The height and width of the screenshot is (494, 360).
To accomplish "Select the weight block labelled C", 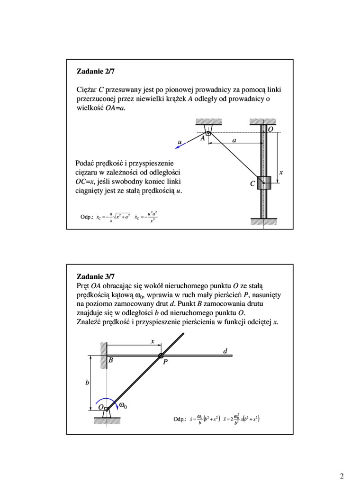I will coord(264,183).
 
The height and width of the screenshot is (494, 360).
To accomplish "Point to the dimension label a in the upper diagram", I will coord(234,141).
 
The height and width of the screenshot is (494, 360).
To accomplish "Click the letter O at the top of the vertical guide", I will coord(270,129).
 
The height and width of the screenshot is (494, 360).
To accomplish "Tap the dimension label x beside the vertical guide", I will coord(281,173).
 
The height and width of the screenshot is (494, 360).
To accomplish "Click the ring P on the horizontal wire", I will coord(161,356).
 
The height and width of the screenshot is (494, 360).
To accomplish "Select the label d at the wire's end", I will coord(225,351).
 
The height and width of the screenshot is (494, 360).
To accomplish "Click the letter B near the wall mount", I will coord(110,361).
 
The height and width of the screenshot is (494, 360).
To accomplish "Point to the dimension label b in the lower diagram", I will coord(87,383).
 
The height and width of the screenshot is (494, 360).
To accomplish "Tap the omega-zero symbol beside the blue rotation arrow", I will coord(123,405).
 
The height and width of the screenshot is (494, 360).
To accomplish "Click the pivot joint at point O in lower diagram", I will coord(107,409).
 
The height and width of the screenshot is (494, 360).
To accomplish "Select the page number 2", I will coord(342,476).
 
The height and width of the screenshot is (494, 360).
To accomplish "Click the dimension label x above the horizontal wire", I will coord(153,341).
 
